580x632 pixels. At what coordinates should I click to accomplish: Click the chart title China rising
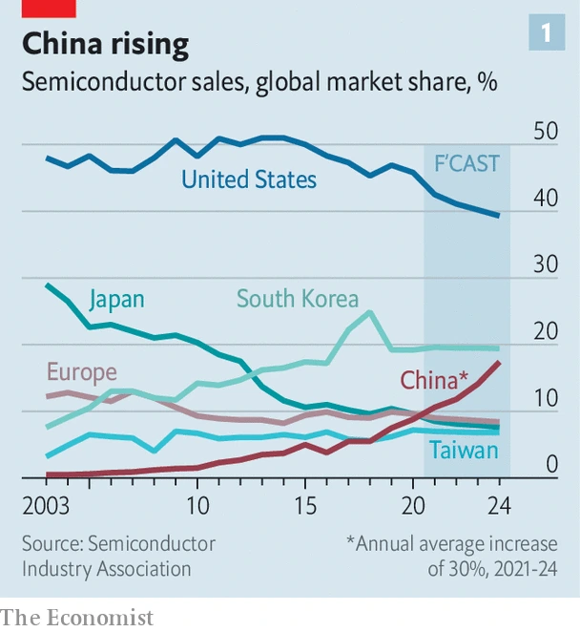click(105, 44)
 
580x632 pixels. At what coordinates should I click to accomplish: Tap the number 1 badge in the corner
click(546, 34)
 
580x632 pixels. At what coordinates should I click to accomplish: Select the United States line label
click(249, 179)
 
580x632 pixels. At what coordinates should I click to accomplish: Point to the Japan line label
click(116, 299)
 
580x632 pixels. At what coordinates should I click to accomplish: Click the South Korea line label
click(298, 299)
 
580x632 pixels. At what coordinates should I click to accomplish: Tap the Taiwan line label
click(463, 449)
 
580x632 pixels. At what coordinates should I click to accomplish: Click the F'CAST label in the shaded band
click(466, 163)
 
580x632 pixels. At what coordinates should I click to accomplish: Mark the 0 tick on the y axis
click(550, 465)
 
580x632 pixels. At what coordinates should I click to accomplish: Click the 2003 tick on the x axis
click(47, 504)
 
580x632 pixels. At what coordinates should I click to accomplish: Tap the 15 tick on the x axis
click(304, 504)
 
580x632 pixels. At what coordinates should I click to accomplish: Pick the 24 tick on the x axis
click(499, 504)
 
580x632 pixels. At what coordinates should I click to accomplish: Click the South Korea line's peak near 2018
click(369, 311)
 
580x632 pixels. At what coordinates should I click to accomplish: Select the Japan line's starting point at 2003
click(47, 284)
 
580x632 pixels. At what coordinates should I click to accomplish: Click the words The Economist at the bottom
click(76, 618)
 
